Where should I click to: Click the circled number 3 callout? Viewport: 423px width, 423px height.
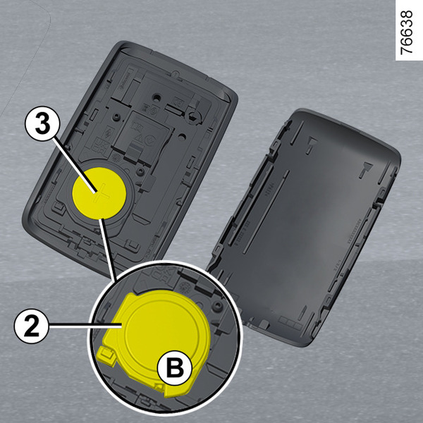click(x=42, y=123)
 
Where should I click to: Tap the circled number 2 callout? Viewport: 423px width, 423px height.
click(x=31, y=326)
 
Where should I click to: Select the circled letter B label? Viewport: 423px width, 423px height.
click(x=175, y=368)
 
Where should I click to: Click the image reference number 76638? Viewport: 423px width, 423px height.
click(x=407, y=32)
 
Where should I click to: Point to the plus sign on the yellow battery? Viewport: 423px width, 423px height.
click(x=99, y=193)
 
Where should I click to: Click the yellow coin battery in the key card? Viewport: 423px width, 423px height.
click(x=99, y=193)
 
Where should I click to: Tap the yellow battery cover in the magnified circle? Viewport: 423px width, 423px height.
click(x=154, y=343)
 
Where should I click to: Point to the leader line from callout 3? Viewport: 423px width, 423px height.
click(x=75, y=165)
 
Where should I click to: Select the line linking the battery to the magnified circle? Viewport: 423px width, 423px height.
click(x=107, y=250)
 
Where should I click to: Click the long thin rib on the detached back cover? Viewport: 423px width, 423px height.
click(x=266, y=212)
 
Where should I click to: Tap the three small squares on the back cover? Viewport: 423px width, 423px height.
click(x=290, y=323)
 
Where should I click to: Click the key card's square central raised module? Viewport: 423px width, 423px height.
click(x=142, y=138)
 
